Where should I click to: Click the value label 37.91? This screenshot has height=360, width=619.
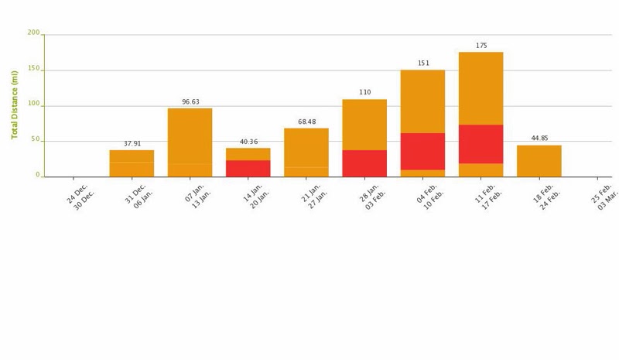(132, 144)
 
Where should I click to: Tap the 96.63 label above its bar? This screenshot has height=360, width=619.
(190, 102)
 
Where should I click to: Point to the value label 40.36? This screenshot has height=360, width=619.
(248, 142)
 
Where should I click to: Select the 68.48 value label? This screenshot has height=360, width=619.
(307, 122)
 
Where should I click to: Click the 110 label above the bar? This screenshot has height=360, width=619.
(365, 93)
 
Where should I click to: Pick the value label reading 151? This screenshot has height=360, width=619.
(423, 63)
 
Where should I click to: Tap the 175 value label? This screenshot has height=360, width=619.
(481, 46)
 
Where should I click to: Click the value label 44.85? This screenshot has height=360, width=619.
(539, 139)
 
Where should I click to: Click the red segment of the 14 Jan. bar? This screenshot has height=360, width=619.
(248, 168)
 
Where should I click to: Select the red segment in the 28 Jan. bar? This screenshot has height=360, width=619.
(364, 163)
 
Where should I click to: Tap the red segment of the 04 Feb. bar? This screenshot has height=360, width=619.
(422, 151)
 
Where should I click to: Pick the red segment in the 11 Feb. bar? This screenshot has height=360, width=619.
(480, 144)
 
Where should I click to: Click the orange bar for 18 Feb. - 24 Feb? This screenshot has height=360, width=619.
(539, 161)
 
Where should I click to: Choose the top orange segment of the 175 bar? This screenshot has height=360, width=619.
(480, 88)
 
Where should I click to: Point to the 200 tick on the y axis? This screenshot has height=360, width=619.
(33, 33)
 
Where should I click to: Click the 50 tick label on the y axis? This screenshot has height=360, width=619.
(35, 139)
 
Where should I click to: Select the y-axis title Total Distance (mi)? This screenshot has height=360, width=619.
(15, 105)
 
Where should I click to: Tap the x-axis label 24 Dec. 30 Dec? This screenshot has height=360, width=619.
(80, 197)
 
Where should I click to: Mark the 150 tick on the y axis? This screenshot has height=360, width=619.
(33, 69)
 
